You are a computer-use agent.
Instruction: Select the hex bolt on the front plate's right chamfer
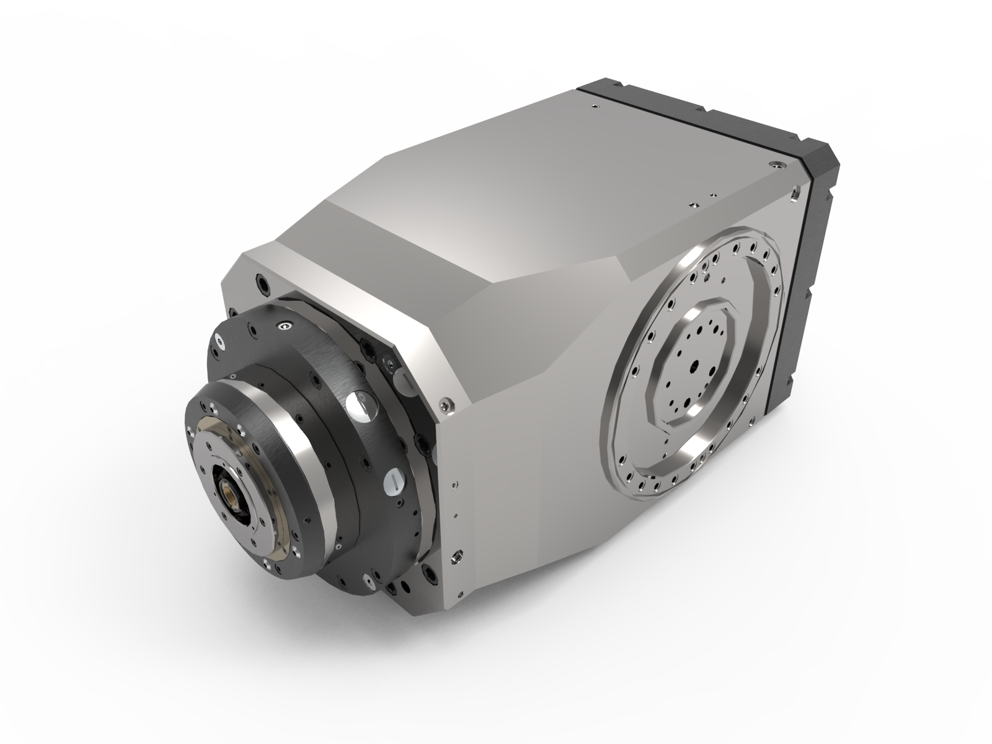(x=445, y=405)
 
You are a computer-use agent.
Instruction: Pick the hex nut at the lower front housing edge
(x=458, y=557)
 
